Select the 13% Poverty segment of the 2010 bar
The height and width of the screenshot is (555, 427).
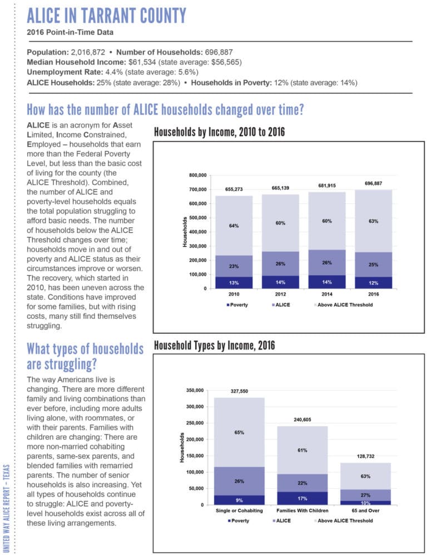click(x=234, y=282)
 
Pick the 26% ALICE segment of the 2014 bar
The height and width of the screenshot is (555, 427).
click(x=327, y=262)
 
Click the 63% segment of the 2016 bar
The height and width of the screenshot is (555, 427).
click(x=373, y=221)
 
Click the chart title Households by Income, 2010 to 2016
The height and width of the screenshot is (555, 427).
click(x=220, y=133)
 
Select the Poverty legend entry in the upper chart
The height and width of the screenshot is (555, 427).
click(x=237, y=306)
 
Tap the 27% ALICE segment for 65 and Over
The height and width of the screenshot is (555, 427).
click(x=365, y=495)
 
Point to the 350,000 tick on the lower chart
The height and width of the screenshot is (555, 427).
click(x=196, y=391)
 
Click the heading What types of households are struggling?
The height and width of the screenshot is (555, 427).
click(x=85, y=356)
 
